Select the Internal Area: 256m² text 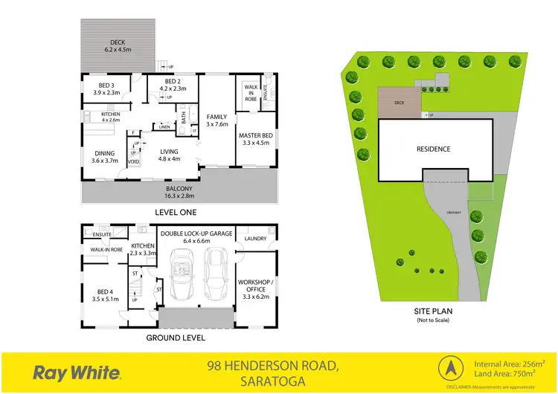[x=510, y=364]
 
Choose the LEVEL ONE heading [x=176, y=212]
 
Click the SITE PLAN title [x=433, y=313]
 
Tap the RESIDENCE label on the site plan [x=433, y=149]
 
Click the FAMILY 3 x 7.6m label [x=217, y=120]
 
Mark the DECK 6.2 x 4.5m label [x=118, y=46]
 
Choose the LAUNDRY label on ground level [x=255, y=239]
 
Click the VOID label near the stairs [x=134, y=161]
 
